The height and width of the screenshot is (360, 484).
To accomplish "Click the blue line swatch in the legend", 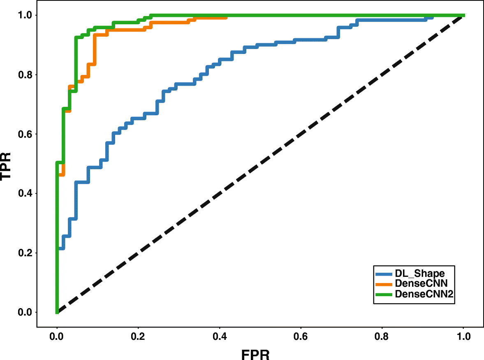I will tap(384, 274).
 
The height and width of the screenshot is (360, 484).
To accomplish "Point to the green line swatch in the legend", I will tap(384, 294).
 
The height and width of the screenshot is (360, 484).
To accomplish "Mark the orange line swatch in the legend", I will tap(384, 284).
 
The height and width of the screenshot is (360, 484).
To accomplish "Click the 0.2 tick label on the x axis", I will tap(139, 336).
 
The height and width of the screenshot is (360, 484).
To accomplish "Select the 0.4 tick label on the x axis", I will tap(220, 336).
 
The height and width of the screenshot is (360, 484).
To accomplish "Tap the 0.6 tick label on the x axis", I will tap(301, 336).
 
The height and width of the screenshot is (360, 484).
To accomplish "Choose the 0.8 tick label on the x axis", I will tap(382, 336).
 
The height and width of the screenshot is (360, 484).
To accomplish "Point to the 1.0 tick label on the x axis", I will tap(464, 336).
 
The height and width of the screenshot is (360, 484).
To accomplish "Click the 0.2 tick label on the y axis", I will tap(24, 253).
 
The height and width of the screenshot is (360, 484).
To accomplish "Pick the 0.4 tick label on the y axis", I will tap(24, 193).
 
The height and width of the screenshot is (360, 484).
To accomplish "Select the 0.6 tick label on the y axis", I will tap(24, 134).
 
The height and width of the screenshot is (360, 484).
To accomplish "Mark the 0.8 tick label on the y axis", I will tap(24, 75).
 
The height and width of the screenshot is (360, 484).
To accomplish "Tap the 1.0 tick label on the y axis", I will tap(24, 15).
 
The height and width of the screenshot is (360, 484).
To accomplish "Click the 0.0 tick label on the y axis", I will tap(24, 312).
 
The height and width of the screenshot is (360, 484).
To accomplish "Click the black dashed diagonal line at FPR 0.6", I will tap(301, 134).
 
